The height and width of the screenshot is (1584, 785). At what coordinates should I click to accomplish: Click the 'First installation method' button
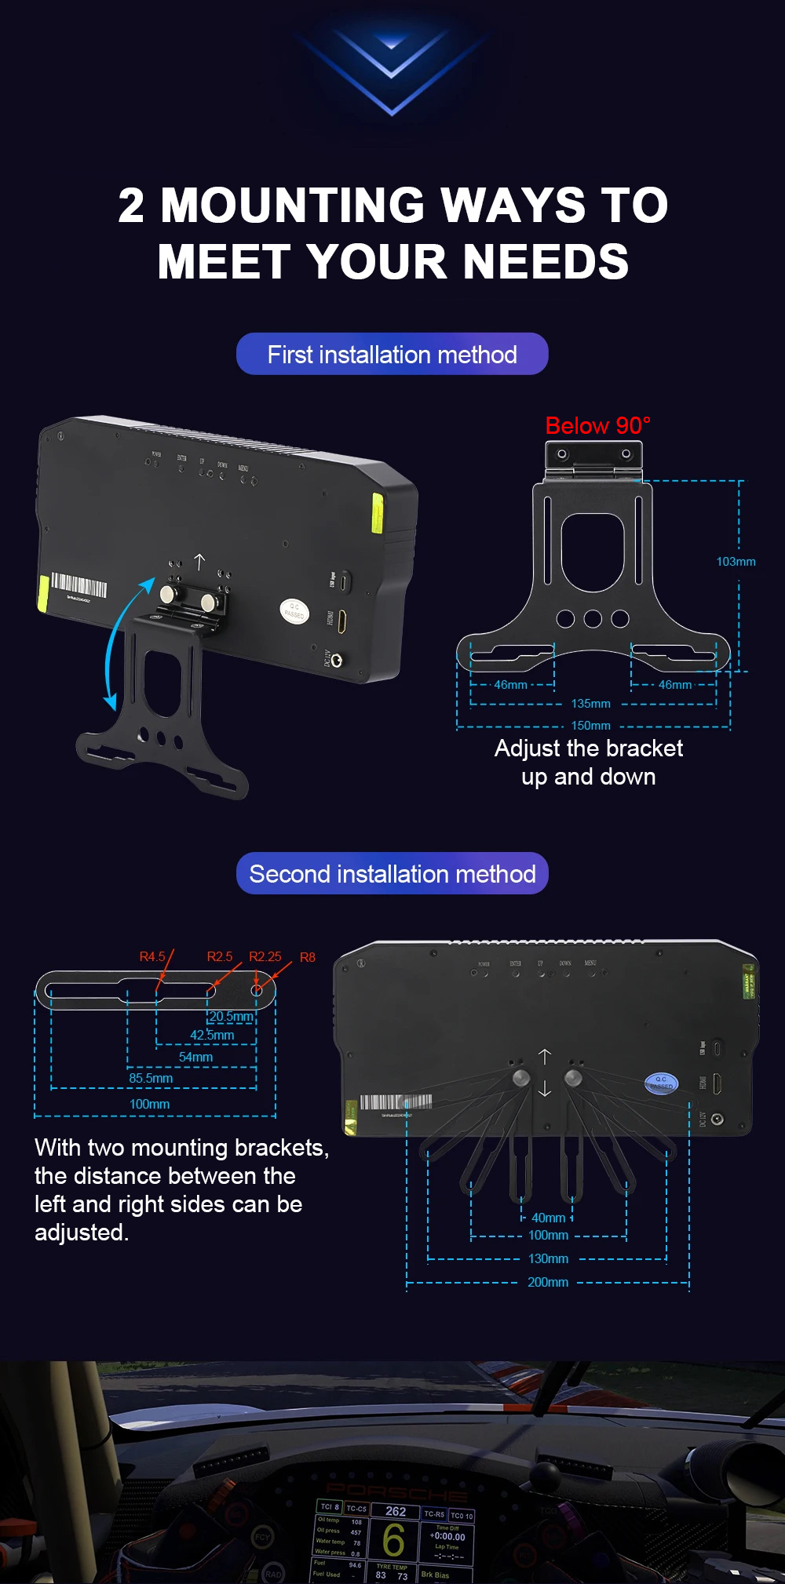coord(392,355)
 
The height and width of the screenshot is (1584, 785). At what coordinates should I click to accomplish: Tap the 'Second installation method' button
coord(392,874)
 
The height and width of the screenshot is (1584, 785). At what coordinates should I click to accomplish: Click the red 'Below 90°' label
coord(597,426)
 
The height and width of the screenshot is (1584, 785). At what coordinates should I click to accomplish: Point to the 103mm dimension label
coord(736,562)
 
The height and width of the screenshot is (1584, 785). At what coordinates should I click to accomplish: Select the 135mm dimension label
coord(590,704)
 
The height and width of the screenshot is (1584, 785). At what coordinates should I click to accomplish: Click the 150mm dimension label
coord(590,726)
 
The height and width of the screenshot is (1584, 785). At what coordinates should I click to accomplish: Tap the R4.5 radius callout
coord(152,956)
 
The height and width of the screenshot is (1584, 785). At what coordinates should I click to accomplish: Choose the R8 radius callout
coord(308,957)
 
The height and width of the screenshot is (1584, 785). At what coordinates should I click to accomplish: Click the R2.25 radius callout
coord(265,956)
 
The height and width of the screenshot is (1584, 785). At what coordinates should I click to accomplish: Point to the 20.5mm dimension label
coord(231,1017)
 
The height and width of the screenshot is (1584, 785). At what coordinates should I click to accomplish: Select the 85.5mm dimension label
coord(151,1079)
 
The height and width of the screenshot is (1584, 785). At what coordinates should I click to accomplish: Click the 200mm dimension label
coord(548,1282)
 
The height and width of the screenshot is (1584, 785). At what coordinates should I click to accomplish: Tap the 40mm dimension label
coord(548,1218)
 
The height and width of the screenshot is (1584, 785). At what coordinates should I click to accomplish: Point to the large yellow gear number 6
coord(393,1539)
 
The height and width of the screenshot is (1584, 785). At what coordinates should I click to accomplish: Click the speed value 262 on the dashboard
coord(396,1511)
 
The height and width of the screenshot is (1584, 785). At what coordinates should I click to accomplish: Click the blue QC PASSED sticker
coord(660,1083)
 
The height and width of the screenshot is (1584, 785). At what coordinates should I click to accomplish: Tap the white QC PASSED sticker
coord(294,610)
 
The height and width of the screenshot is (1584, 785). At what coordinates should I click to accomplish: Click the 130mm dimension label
coord(548,1258)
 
